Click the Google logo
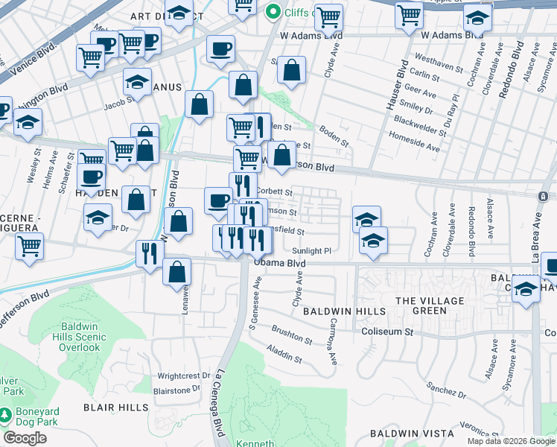(25, 437)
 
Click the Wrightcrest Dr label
(179, 376)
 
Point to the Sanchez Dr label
(447, 388)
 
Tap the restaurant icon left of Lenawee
(150, 254)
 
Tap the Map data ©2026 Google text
(510, 441)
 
